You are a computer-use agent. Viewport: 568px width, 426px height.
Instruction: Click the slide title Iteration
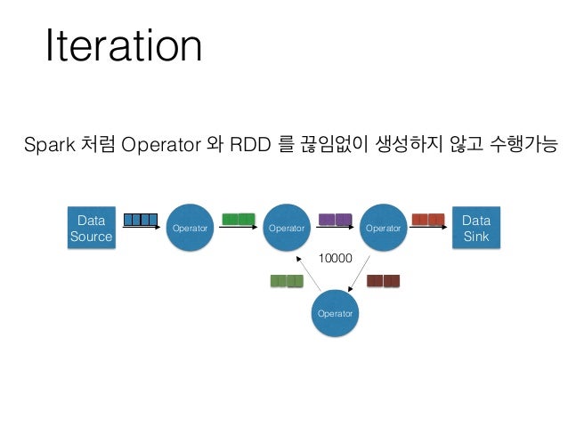pyautogui.click(x=124, y=47)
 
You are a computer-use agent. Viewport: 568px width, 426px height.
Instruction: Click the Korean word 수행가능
pyautogui.click(x=518, y=145)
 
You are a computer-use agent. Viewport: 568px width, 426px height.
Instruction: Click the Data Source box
pyautogui.click(x=91, y=229)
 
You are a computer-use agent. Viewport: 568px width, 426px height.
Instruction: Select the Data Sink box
pyautogui.click(x=475, y=229)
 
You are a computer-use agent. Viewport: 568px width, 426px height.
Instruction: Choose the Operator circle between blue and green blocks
pyautogui.click(x=190, y=229)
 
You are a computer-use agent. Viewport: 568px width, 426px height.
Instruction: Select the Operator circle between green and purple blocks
pyautogui.click(x=287, y=229)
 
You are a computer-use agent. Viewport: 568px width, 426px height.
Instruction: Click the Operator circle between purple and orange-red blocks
pyautogui.click(x=384, y=229)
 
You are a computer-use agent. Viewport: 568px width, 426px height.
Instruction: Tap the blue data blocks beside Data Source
pyautogui.click(x=141, y=220)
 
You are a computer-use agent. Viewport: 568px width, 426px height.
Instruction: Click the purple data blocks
pyautogui.click(x=335, y=220)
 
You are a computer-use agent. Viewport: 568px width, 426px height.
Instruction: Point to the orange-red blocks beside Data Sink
pyautogui.click(x=428, y=220)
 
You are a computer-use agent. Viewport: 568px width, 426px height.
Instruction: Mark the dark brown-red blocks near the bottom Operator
pyautogui.click(x=384, y=281)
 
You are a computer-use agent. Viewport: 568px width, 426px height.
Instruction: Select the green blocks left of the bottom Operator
pyautogui.click(x=286, y=281)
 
